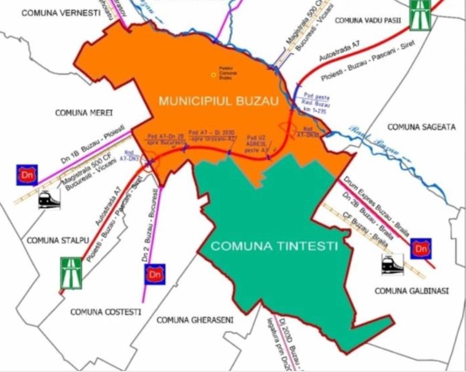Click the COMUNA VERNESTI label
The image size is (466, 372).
(61, 13)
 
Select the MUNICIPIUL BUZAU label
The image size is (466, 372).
(218, 101)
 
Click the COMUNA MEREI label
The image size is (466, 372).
(84, 112)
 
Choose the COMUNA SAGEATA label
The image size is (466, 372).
(421, 127)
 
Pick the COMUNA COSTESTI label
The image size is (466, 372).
(106, 312)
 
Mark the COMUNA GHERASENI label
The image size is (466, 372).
(195, 319)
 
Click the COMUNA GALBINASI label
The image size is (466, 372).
(412, 291)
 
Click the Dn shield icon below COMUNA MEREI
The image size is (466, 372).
(27, 175)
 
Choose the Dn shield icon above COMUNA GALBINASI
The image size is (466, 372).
(421, 249)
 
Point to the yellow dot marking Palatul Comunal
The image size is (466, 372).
(214, 75)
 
